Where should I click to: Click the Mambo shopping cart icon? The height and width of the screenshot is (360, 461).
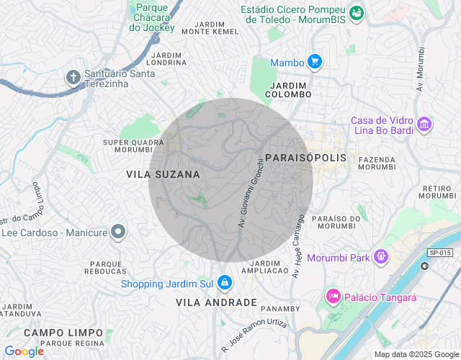(314, 63)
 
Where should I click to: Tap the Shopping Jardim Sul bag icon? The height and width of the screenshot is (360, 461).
(225, 283)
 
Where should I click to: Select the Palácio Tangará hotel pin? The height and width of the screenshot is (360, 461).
(333, 296)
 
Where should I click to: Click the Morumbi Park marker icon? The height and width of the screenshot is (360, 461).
(381, 256)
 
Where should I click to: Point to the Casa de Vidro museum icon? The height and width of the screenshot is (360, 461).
(425, 125)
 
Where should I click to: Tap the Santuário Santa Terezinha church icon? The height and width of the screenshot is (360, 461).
(73, 78)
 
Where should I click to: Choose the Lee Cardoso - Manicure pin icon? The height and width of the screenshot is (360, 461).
(119, 232)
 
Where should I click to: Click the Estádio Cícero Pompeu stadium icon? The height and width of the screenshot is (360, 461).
(356, 13)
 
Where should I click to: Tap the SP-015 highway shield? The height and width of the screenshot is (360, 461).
(439, 253)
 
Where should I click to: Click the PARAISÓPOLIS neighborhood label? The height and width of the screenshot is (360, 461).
(305, 157)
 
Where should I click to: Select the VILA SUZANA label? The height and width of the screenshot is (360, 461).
(163, 174)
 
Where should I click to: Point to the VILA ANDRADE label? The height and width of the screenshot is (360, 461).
(216, 302)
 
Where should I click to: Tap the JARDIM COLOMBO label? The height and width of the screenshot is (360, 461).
(288, 90)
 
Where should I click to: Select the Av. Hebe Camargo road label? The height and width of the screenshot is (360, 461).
(299, 245)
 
